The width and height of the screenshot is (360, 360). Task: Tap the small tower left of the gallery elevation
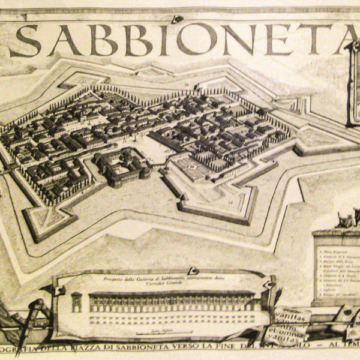point(76,302)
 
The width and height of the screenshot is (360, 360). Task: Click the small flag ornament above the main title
point(176,19)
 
